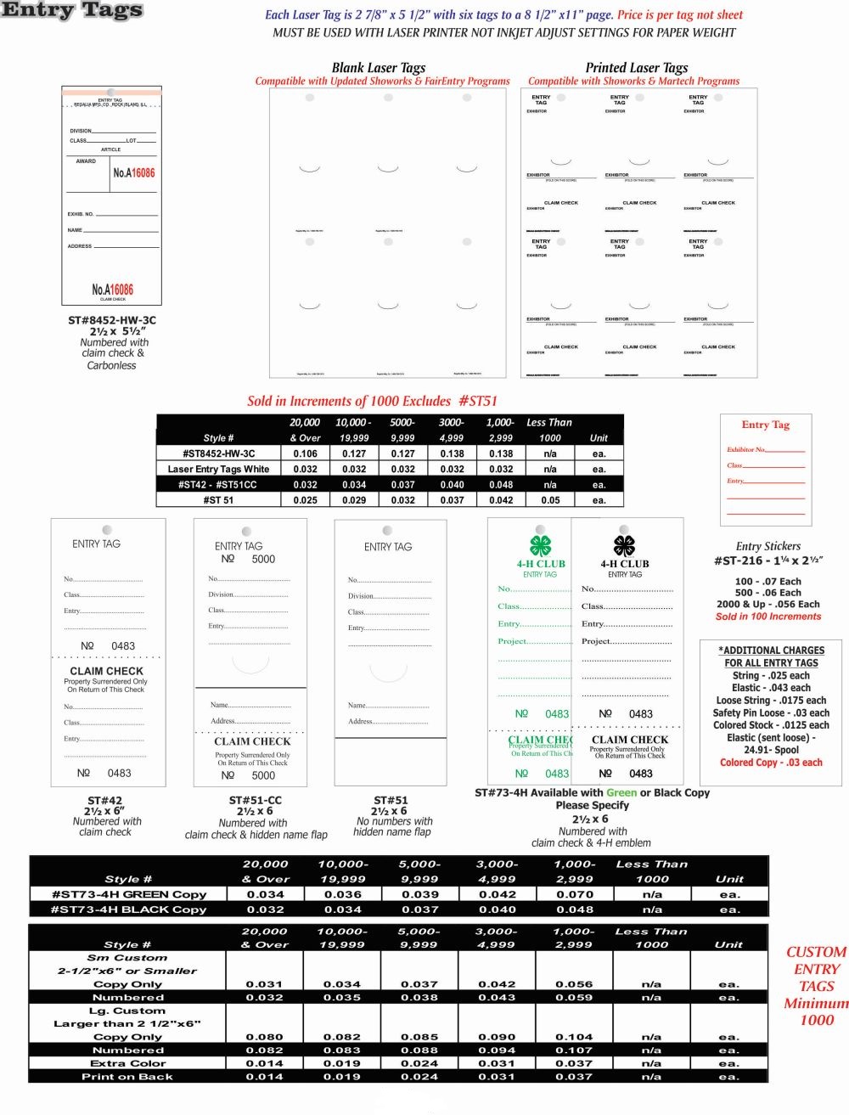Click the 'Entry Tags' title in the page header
click(72, 11)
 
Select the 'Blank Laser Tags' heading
click(379, 67)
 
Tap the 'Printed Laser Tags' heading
click(637, 67)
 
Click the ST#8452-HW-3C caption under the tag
click(112, 320)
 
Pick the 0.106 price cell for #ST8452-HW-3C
click(305, 453)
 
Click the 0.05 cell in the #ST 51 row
click(550, 500)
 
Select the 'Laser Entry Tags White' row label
click(218, 469)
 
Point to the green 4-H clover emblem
click(541, 544)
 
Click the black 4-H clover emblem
click(624, 544)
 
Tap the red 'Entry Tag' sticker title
click(765, 425)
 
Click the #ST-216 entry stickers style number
click(768, 560)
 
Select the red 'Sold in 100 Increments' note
click(768, 617)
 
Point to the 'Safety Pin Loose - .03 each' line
click(771, 712)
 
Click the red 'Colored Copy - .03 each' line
click(771, 763)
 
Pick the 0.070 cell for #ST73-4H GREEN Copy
click(575, 894)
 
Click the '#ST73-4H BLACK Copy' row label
click(128, 909)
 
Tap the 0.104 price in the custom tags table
click(575, 1037)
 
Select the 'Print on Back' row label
click(127, 1077)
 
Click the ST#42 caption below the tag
click(105, 800)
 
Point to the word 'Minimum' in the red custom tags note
click(816, 1003)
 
